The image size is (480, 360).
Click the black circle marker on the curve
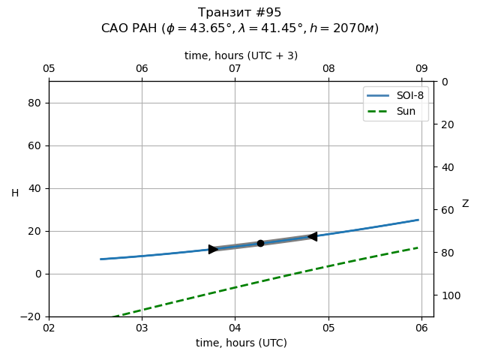(260, 243)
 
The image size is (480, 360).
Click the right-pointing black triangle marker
(213, 249)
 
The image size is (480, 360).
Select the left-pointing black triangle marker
(312, 236)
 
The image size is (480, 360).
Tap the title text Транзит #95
(240, 13)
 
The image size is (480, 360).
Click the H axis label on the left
(15, 193)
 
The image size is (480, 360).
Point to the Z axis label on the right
(465, 204)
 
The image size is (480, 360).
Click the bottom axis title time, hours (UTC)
(241, 343)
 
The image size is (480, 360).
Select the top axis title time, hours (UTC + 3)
(241, 55)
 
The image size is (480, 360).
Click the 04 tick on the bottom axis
(235, 327)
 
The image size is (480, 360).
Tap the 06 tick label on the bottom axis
(421, 327)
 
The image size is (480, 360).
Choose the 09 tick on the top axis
(421, 69)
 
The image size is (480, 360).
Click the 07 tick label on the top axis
(235, 69)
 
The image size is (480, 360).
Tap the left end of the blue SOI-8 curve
(101, 259)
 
